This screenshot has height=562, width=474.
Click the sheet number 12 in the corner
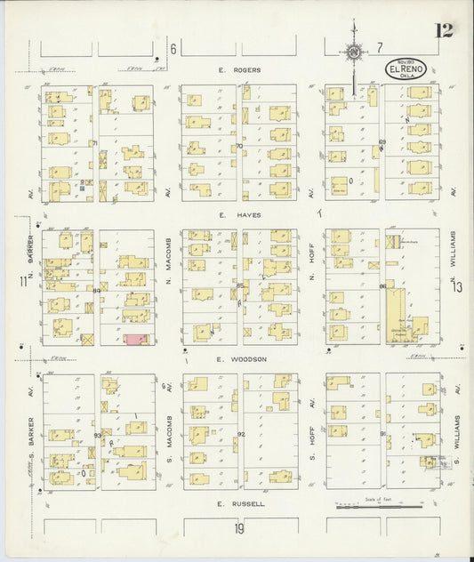click(x=444, y=31)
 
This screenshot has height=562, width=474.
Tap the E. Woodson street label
click(x=241, y=359)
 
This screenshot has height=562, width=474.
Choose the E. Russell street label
click(x=241, y=504)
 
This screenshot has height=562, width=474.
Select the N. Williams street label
click(x=453, y=252)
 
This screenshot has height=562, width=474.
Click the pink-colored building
click(x=135, y=340)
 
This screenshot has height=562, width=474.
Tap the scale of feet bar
click(x=378, y=504)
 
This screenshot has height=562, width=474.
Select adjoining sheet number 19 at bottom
click(x=239, y=528)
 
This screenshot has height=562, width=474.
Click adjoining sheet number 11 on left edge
click(x=20, y=282)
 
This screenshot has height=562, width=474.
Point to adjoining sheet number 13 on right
click(x=457, y=286)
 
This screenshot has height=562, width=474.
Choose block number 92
click(x=241, y=434)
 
